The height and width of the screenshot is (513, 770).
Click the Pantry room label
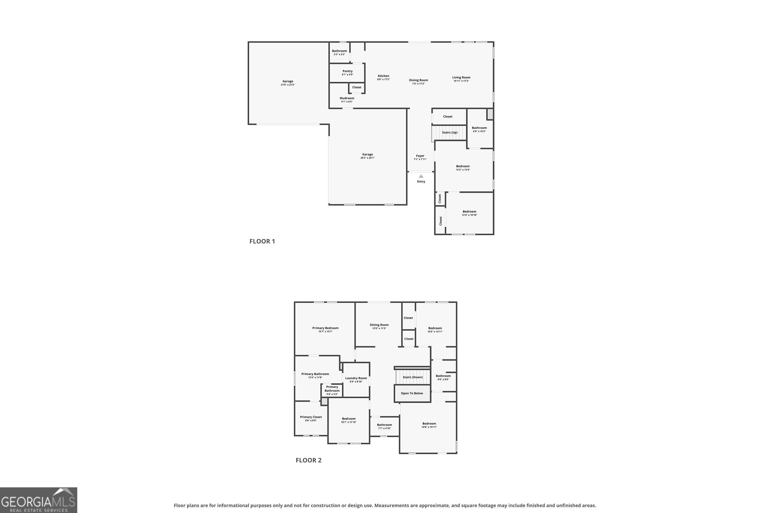(347, 71)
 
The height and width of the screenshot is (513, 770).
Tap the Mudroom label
(347, 98)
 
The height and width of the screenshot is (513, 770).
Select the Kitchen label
(383, 76)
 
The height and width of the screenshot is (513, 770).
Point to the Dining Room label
(418, 80)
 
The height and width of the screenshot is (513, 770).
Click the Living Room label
(461, 77)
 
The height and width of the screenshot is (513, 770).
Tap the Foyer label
(420, 156)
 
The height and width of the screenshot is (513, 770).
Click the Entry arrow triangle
(421, 176)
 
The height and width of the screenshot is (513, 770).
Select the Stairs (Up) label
(449, 133)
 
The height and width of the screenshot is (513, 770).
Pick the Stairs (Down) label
(412, 377)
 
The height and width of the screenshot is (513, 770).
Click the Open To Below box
(412, 393)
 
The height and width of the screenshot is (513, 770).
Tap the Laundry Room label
(356, 378)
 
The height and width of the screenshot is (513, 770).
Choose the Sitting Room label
(379, 325)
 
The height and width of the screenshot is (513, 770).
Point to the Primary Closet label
(311, 417)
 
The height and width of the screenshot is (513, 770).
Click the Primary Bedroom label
(325, 328)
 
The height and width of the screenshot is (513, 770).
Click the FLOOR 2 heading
(309, 460)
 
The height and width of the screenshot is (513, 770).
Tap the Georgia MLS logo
(38, 500)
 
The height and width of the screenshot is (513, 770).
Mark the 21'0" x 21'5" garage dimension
(287, 85)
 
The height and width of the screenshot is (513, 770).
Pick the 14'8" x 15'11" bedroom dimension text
(429, 427)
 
